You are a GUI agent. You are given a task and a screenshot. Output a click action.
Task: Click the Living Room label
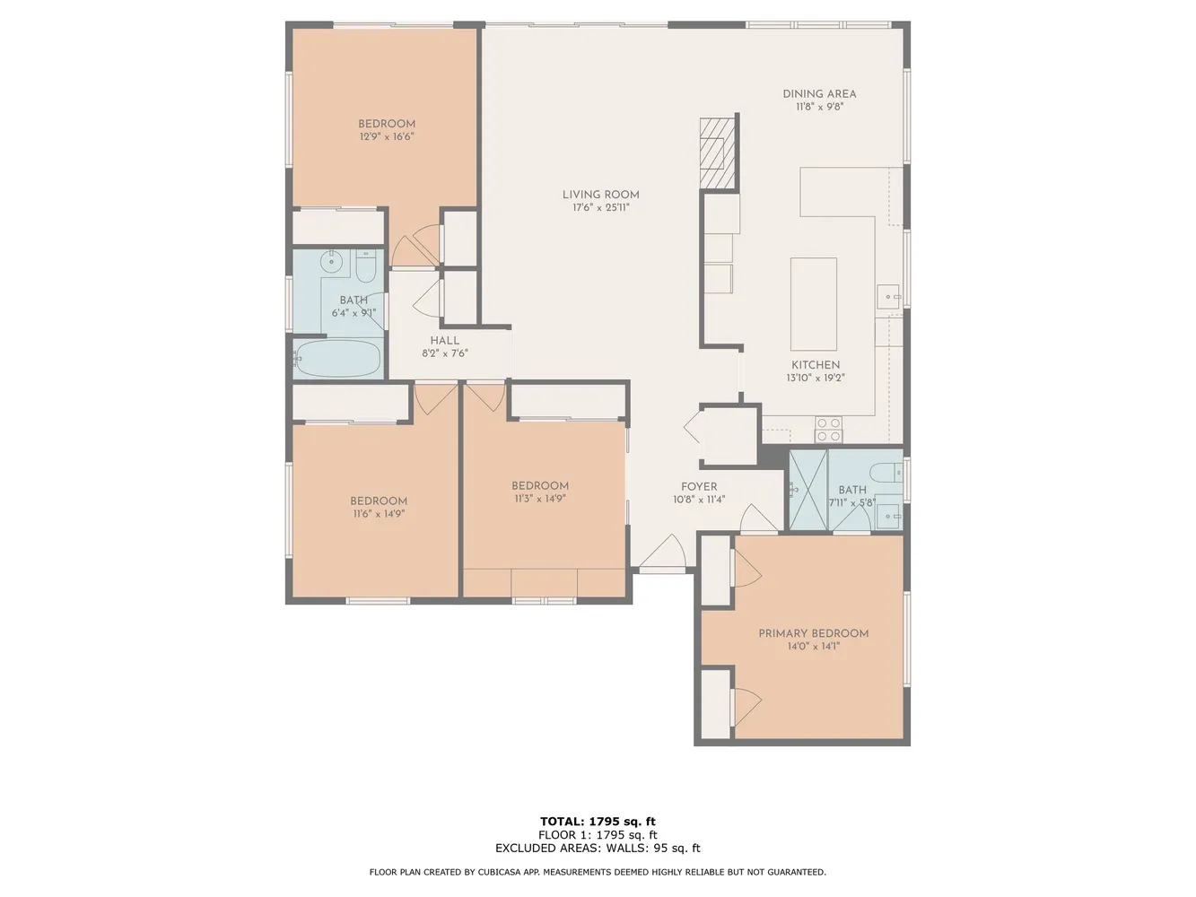coord(600,195)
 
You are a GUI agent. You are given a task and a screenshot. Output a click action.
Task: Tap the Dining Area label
coord(819,93)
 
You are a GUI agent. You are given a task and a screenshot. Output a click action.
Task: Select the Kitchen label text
coord(815,365)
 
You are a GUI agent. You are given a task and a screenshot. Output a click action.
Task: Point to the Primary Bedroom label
coord(813,633)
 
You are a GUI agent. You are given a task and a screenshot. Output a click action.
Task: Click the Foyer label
coord(698,487)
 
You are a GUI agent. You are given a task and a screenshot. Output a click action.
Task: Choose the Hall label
coord(444,341)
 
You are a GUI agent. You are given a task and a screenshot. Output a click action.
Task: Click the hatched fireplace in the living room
coord(716,153)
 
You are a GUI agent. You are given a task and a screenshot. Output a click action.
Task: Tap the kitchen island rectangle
coord(813,304)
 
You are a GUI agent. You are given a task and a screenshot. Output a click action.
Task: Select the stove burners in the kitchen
coord(828,430)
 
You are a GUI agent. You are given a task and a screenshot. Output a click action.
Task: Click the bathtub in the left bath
coord(338,358)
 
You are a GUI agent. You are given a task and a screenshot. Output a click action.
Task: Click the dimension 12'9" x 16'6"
coord(386,137)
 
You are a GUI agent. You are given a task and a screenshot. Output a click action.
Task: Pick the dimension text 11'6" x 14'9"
coord(379,514)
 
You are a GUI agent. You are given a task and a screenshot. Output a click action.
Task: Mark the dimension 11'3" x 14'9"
coord(540,499)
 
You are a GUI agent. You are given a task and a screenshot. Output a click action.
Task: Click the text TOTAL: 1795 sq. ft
coord(598,821)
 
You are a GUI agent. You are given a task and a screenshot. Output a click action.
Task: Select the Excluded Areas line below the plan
coord(598,848)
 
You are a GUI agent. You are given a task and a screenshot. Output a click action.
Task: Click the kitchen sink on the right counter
coord(889,294)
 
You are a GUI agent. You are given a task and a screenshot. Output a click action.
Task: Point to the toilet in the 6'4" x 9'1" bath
coord(365,266)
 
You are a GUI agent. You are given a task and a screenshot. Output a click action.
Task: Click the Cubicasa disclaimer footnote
coord(598,872)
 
